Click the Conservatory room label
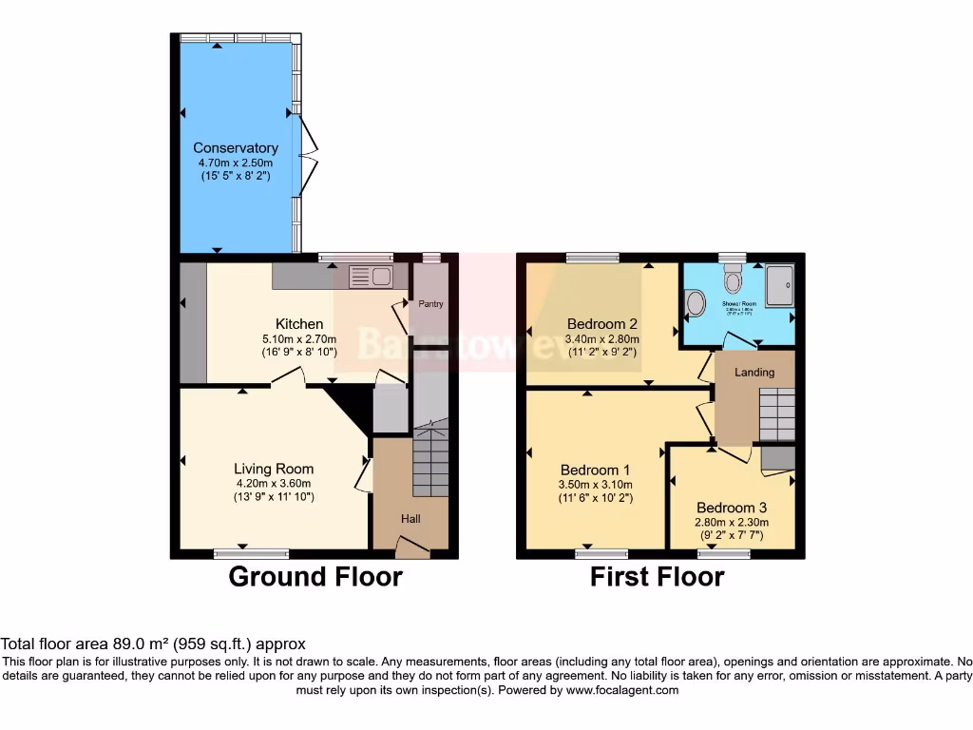[x=236, y=148]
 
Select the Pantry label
[x=430, y=304]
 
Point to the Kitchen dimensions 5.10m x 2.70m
[x=299, y=339]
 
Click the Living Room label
[x=274, y=469]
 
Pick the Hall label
[x=410, y=519]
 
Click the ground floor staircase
[x=430, y=461]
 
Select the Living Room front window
[x=251, y=553]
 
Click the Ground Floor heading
[x=315, y=577]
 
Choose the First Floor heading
[x=657, y=577]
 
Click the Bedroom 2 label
[x=602, y=323]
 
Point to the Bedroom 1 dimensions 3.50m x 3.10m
[x=596, y=485]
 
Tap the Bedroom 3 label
[x=731, y=508]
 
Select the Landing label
[x=754, y=373]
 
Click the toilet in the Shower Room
[x=733, y=279]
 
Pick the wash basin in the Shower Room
[x=695, y=304]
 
